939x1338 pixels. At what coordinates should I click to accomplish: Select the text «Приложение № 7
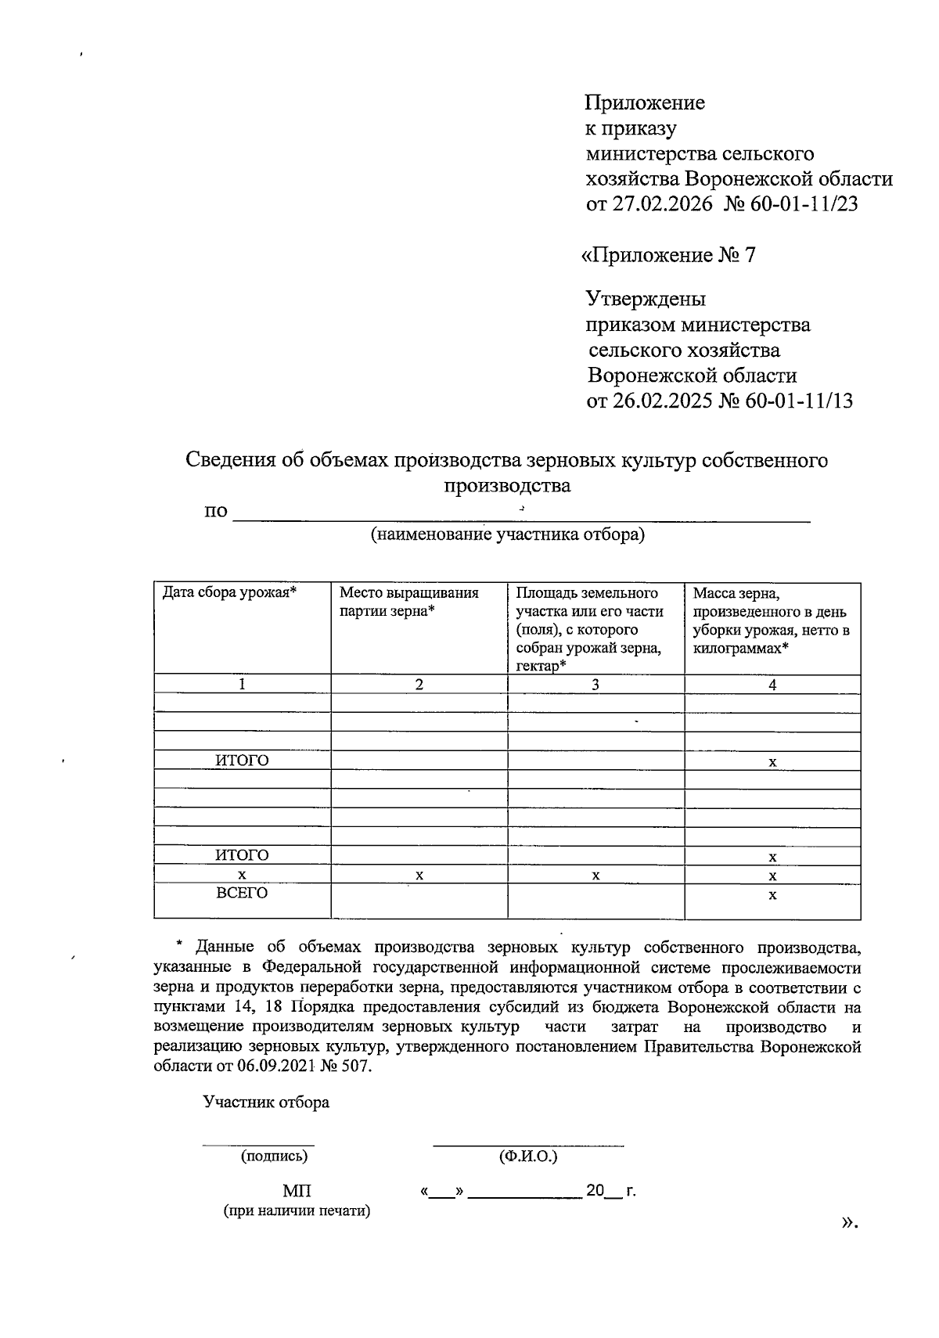tap(667, 256)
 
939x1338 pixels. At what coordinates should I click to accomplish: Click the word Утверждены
tap(646, 299)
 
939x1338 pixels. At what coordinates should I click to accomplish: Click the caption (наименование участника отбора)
tap(508, 535)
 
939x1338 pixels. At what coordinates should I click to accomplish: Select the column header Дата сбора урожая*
tap(229, 592)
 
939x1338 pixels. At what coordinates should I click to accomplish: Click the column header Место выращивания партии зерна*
tap(408, 602)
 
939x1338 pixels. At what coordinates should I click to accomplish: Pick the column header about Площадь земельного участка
tap(588, 629)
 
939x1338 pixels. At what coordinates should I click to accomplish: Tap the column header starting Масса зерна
tap(771, 620)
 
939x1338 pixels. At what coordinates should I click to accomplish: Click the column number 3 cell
tap(595, 685)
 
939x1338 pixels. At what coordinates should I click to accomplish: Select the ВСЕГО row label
tap(242, 893)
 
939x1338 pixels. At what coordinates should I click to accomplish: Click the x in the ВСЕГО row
tap(772, 894)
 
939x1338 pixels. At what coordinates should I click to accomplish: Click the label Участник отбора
tap(266, 1102)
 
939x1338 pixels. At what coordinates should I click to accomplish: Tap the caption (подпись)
tap(274, 1156)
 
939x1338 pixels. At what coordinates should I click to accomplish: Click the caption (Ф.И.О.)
tap(527, 1156)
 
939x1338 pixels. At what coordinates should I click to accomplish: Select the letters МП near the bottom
tap(297, 1192)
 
